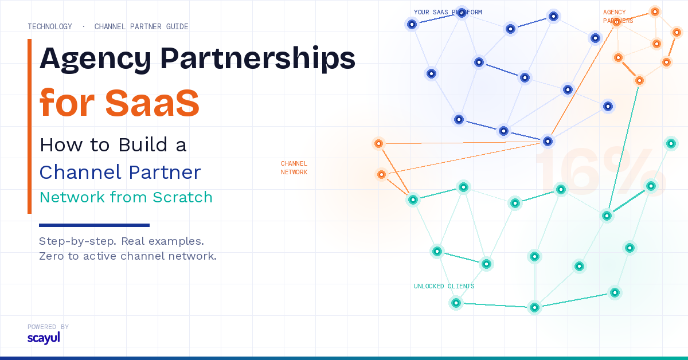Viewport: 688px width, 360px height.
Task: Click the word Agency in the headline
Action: (x=95, y=59)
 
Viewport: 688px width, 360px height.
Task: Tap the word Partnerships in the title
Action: (x=257, y=59)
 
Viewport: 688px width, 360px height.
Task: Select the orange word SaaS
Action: (x=153, y=103)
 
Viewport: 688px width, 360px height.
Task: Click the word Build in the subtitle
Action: (x=143, y=144)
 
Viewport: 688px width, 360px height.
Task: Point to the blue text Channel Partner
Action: (x=120, y=172)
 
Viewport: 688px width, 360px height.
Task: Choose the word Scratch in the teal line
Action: (x=182, y=197)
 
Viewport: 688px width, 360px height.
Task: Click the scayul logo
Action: (x=44, y=338)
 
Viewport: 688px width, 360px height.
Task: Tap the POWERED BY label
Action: (x=48, y=327)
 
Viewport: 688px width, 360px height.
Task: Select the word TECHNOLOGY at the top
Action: (x=50, y=27)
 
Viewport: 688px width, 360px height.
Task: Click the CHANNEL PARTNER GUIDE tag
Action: (x=141, y=27)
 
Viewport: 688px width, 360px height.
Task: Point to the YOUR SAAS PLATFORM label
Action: (x=448, y=12)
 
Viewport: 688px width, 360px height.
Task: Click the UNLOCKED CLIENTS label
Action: (x=444, y=286)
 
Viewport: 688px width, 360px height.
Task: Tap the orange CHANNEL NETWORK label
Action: (x=294, y=168)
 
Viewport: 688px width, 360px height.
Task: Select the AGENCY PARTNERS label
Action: (x=618, y=17)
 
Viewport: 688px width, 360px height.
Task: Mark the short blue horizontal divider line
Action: (x=94, y=225)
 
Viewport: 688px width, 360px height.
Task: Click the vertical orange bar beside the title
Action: (x=29, y=126)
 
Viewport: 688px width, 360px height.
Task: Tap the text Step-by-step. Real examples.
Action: (x=122, y=241)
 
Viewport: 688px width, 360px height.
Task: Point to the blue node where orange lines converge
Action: (x=548, y=141)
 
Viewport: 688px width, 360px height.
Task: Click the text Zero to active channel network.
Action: (x=128, y=256)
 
